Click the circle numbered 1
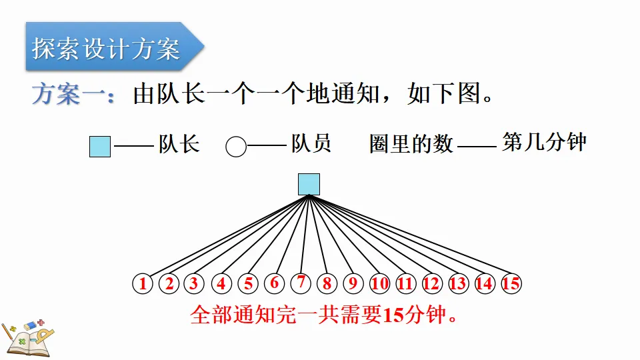143,284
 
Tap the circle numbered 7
301,283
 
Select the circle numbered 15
511,284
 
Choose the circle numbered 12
432,284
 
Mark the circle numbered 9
353,284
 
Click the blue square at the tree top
309,184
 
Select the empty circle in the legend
236,147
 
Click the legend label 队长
179,144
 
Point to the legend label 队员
311,144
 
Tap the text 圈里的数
411,144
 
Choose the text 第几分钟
545,142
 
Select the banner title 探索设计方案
107,49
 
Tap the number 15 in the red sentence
395,315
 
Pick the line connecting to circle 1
227,235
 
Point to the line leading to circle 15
410,235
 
